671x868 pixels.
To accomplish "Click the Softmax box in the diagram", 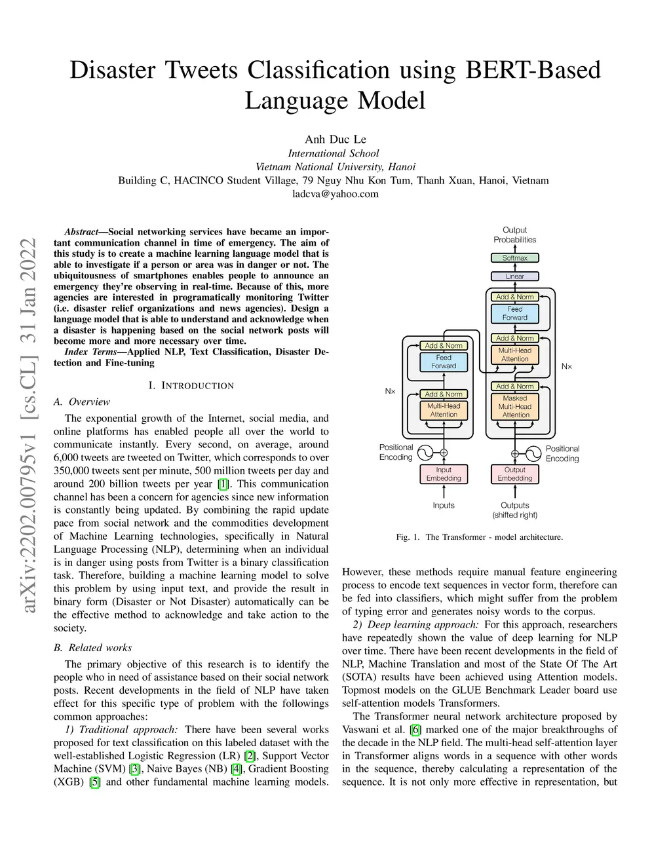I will coord(515,258).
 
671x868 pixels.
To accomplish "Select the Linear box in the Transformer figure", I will coord(515,276).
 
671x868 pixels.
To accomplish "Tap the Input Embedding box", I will coord(444,474).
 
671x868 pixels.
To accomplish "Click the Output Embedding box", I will coord(515,474).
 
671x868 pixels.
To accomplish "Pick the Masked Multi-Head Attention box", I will coord(515,406).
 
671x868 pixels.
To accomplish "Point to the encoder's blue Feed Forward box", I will coord(444,362).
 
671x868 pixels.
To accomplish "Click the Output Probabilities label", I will coord(515,235).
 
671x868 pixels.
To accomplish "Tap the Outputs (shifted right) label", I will coord(515,510).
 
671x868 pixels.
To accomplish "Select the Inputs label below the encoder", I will coord(444,506).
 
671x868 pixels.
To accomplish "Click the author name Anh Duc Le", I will coord(335,139).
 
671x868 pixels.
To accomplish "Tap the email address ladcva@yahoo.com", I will coord(335,194).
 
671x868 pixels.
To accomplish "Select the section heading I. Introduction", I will coord(191,386).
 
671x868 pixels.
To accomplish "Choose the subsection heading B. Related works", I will coord(93,648).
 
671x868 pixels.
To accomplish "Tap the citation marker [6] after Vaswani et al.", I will coord(415,730).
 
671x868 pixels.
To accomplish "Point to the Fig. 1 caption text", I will coord(480,537).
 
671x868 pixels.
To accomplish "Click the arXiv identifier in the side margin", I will coord(28,426).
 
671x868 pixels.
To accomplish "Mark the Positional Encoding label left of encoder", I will coord(396,452).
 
